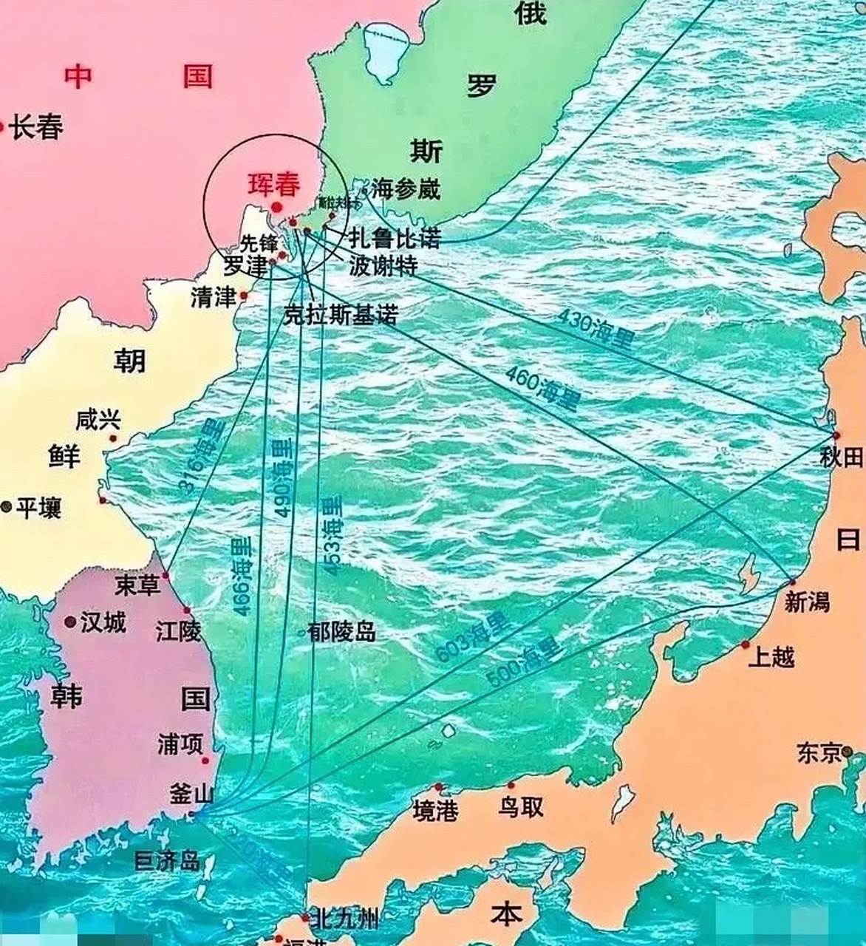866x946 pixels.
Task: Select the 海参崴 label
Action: [x=406, y=189]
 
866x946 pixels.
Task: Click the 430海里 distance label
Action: [x=596, y=329]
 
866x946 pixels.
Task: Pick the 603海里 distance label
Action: [x=473, y=638]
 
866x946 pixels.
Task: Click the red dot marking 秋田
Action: [x=836, y=435]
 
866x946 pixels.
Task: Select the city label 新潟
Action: [x=806, y=602]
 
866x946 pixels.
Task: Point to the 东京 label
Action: [x=819, y=753]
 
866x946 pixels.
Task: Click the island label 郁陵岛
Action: [x=343, y=632]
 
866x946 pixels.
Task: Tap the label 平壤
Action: [x=38, y=507]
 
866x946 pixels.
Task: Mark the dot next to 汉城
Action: [x=70, y=622]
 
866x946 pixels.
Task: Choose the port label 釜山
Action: [x=191, y=794]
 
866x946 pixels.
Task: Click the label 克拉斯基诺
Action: [x=341, y=316]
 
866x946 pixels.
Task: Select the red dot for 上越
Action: [x=745, y=644]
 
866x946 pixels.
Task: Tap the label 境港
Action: [x=435, y=811]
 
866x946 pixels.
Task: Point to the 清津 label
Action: [x=213, y=297]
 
